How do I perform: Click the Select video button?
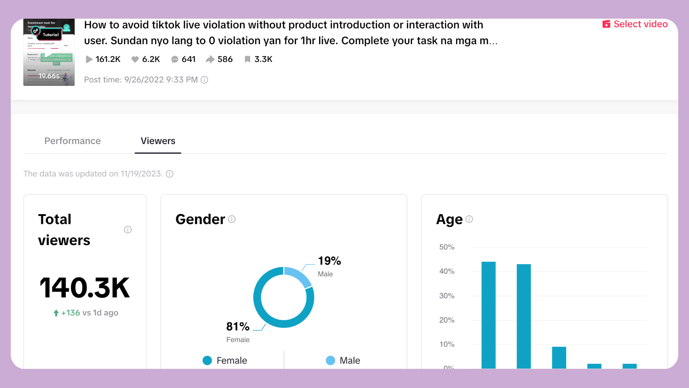pyautogui.click(x=635, y=24)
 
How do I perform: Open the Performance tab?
pyautogui.click(x=72, y=141)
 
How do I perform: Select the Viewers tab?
pyautogui.click(x=158, y=141)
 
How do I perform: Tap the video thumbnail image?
pyautogui.click(x=49, y=52)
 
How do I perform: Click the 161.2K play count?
pyautogui.click(x=108, y=59)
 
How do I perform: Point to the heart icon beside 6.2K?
pyautogui.click(x=135, y=59)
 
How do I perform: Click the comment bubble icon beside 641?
pyautogui.click(x=175, y=59)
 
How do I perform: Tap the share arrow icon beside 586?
pyautogui.click(x=210, y=59)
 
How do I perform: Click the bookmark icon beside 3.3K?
pyautogui.click(x=247, y=59)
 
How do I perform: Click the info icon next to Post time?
pyautogui.click(x=204, y=80)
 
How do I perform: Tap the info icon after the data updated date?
pyautogui.click(x=170, y=174)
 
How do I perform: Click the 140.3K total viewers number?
pyautogui.click(x=85, y=287)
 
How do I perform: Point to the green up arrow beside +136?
pyautogui.click(x=56, y=313)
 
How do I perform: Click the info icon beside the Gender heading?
pyautogui.click(x=232, y=219)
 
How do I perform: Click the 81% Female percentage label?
pyautogui.click(x=238, y=326)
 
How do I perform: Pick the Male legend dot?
pyautogui.click(x=330, y=360)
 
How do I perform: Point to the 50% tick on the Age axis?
pyautogui.click(x=447, y=247)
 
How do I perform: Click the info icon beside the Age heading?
pyautogui.click(x=469, y=219)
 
